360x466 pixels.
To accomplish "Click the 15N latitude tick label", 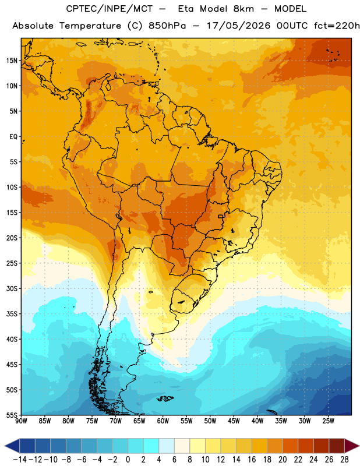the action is click(x=12, y=61).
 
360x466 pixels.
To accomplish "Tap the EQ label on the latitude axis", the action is click(x=13, y=137).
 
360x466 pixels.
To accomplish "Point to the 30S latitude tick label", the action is click(x=12, y=288).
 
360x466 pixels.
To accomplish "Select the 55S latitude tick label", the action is click(x=12, y=415).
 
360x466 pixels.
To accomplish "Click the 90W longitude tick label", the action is click(x=21, y=421).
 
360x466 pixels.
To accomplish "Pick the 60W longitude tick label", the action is click(x=163, y=421).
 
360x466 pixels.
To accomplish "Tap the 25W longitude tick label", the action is click(x=328, y=421).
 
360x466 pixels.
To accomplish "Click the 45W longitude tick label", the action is click(x=234, y=421).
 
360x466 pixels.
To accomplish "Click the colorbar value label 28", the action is click(x=344, y=460).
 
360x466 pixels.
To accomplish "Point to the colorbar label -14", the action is click(x=20, y=460).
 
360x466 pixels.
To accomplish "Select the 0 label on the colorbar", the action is click(x=128, y=460).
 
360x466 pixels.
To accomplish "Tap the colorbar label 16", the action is click(x=252, y=460).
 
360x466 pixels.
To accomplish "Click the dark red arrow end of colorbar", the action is click(x=352, y=446).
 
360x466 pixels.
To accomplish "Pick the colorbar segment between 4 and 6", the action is click(x=167, y=446).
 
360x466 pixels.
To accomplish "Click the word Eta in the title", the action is click(x=186, y=9).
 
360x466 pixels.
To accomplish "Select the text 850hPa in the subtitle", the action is click(x=167, y=26).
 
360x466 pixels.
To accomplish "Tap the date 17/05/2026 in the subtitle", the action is click(x=238, y=26).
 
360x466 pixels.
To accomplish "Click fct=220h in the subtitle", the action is click(x=337, y=26).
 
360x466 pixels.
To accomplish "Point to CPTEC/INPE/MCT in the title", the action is click(x=109, y=9).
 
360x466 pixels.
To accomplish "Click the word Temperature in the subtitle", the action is click(x=90, y=26).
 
